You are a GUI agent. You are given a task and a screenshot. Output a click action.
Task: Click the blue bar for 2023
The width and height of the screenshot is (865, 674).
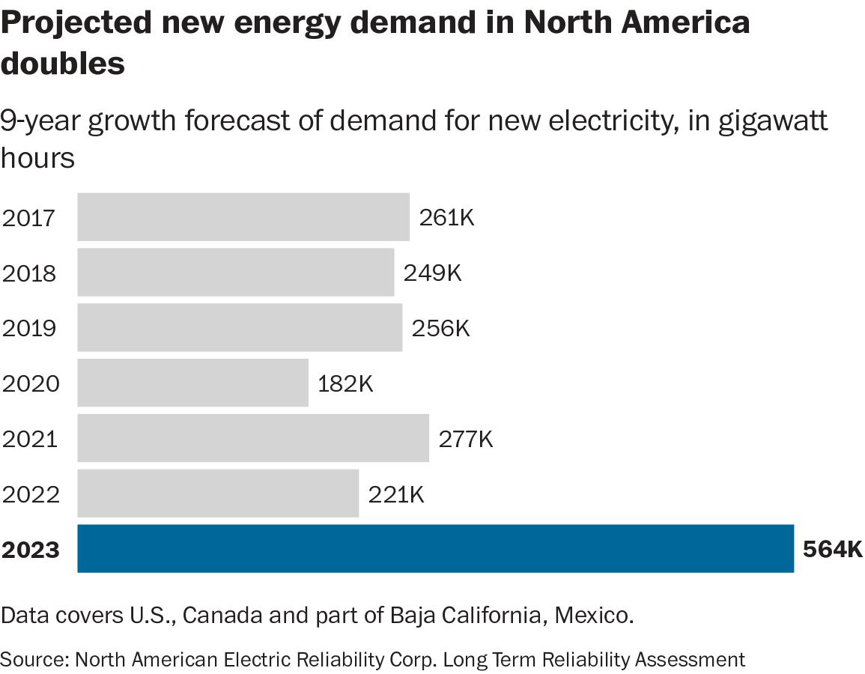point(435,549)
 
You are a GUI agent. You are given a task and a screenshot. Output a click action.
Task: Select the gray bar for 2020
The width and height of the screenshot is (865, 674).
point(192,383)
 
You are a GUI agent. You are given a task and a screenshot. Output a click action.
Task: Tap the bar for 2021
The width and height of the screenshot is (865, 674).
point(253,438)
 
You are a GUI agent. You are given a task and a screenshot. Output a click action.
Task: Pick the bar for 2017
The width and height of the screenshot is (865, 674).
point(243,217)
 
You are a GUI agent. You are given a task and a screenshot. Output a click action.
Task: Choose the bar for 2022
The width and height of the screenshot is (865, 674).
point(218,494)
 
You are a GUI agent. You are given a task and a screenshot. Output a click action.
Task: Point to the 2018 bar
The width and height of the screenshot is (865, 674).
point(235,273)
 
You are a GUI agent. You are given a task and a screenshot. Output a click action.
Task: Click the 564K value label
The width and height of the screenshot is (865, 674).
point(833,550)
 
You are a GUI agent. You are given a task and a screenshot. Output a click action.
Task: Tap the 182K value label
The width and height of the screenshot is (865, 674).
point(345,383)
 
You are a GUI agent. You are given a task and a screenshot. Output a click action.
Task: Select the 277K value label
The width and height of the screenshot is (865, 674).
point(465,439)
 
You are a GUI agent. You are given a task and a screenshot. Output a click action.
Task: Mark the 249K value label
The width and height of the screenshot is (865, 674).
point(433,273)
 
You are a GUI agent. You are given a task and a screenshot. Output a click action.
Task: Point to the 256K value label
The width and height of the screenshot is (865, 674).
point(441,328)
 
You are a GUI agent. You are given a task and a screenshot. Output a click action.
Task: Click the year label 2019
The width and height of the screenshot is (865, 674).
point(30,328)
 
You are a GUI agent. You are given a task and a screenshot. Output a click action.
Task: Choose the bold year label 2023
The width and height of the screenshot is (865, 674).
point(31,550)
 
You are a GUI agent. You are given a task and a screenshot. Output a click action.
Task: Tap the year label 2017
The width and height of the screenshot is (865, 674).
point(29,218)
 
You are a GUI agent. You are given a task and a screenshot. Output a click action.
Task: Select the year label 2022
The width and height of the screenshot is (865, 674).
point(30,494)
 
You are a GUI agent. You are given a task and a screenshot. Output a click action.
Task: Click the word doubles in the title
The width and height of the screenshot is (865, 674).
point(62,63)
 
